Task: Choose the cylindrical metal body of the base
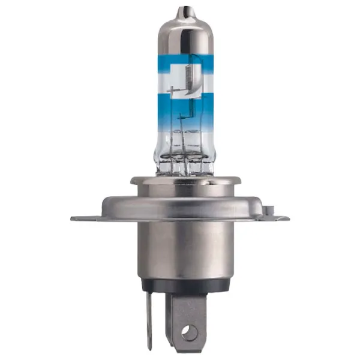click(180, 252)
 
